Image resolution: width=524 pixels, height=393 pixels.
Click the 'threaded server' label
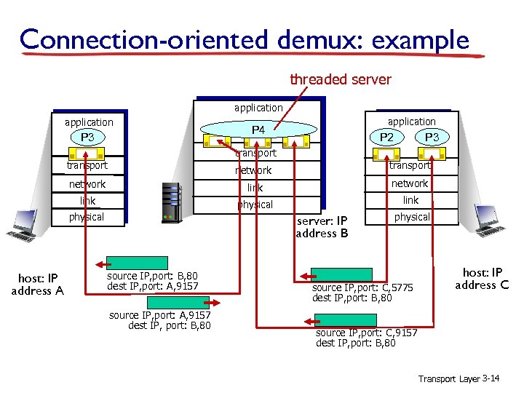click(x=341, y=79)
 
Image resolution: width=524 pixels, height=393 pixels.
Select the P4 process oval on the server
click(x=258, y=130)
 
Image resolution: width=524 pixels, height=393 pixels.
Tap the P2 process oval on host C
click(x=391, y=138)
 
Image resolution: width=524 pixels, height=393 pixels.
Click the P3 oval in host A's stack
click(x=87, y=137)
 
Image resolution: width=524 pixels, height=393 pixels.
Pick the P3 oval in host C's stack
click(x=432, y=138)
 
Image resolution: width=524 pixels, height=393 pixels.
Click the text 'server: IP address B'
click(x=321, y=227)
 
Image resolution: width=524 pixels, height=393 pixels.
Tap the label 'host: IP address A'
click(x=37, y=285)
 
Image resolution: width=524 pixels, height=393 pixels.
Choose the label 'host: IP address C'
click(x=482, y=279)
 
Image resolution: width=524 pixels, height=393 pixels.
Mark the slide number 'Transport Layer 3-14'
click(x=458, y=378)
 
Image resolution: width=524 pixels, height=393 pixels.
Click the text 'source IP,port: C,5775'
click(x=362, y=288)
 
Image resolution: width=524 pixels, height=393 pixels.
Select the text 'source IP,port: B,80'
click(x=152, y=277)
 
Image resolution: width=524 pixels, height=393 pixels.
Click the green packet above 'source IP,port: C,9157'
click(x=345, y=320)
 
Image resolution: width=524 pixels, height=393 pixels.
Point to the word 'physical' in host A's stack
click(x=87, y=217)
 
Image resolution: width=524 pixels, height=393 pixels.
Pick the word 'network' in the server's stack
click(x=253, y=170)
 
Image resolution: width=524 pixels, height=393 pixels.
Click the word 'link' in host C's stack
click(x=411, y=200)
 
